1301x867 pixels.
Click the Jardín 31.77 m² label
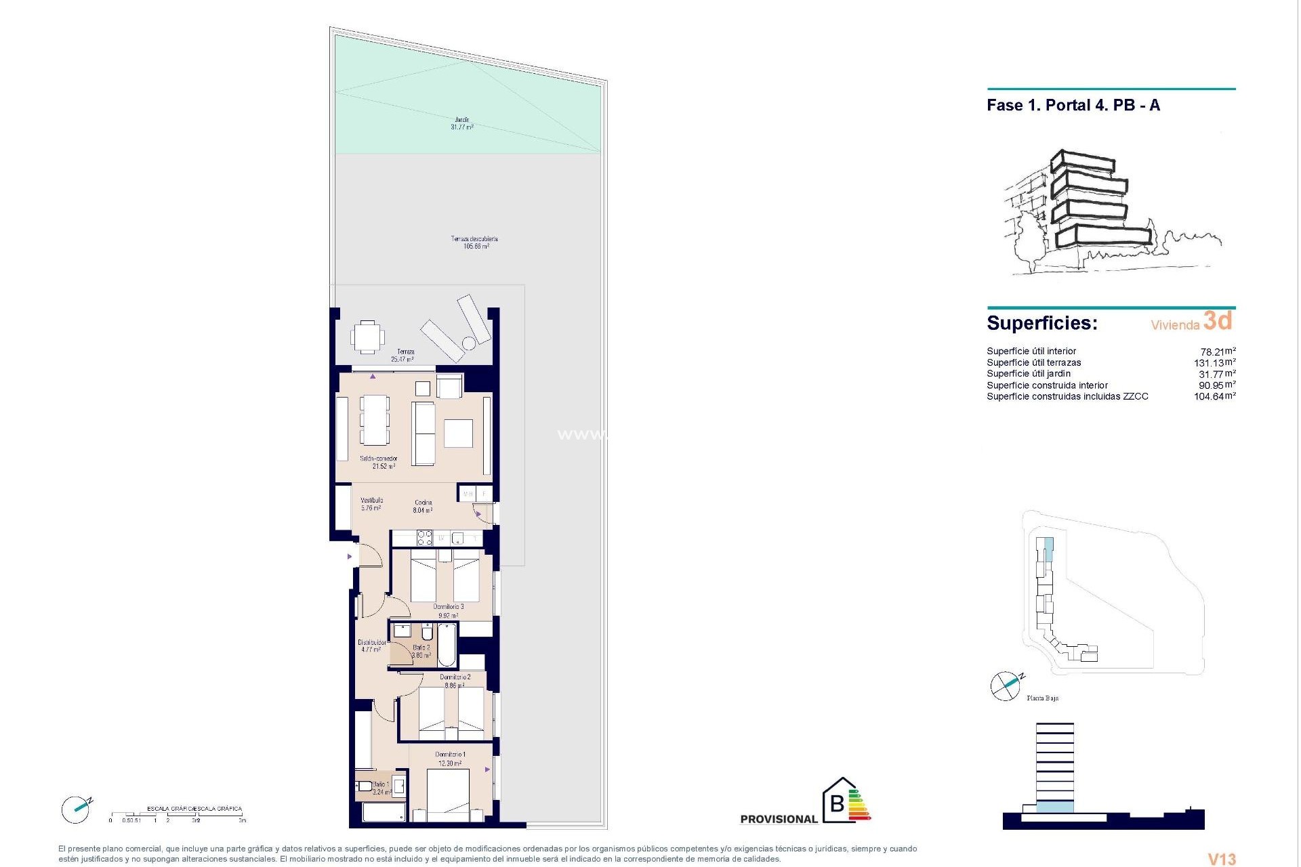tap(462, 123)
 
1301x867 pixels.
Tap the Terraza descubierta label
tap(474, 242)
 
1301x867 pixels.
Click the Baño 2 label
tap(421, 652)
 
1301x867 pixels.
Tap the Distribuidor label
tap(372, 646)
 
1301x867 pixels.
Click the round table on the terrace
tap(367, 337)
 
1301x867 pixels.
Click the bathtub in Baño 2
tap(447, 646)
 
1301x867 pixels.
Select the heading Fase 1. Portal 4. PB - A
tap(1073, 105)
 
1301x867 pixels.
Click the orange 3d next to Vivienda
tap(1218, 320)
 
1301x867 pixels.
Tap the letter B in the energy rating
tap(838, 803)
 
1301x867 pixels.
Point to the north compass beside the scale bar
tap(75, 809)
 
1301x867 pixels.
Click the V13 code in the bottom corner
tap(1222, 859)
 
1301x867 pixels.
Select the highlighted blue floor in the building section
tap(1055, 806)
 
